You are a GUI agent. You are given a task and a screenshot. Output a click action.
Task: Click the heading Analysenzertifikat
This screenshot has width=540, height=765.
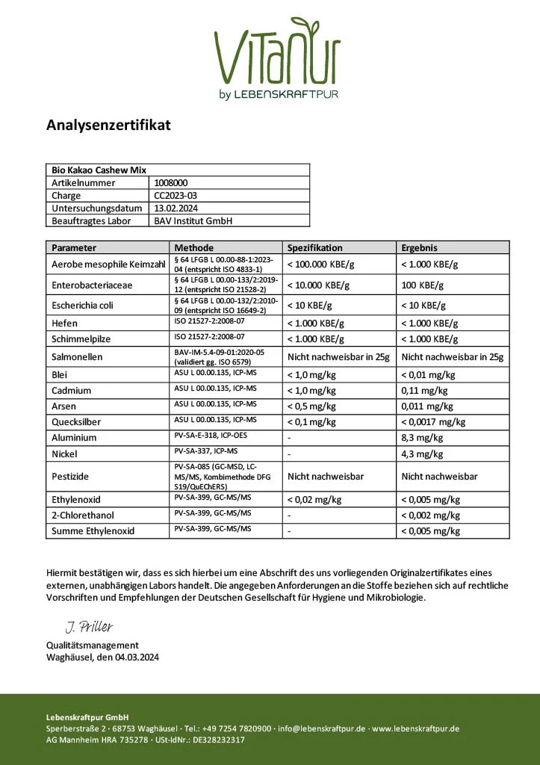108,125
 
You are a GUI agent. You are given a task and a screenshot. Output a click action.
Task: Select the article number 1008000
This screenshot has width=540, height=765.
172,182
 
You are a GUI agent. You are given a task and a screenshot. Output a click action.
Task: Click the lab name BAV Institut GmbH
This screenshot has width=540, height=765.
193,220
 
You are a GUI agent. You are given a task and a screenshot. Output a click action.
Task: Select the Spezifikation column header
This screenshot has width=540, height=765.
315,247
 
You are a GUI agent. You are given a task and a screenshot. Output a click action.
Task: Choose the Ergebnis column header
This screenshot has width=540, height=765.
420,247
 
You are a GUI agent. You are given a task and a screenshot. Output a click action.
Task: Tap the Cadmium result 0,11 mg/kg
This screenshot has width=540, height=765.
424,390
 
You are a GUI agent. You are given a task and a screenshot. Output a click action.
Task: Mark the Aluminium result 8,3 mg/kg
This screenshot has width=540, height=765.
422,438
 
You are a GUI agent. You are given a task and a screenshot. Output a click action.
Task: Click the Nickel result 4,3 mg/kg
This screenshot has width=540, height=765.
422,453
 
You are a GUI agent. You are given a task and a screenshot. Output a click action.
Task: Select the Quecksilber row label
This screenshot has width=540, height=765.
76,421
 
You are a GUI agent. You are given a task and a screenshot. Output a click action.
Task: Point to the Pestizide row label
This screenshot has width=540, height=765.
70,476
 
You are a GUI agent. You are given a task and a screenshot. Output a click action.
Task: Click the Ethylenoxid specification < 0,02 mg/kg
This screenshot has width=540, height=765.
314,500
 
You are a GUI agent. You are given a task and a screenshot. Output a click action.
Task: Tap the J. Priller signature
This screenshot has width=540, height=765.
88,627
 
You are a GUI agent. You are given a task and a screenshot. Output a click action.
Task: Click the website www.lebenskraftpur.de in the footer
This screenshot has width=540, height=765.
415,728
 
